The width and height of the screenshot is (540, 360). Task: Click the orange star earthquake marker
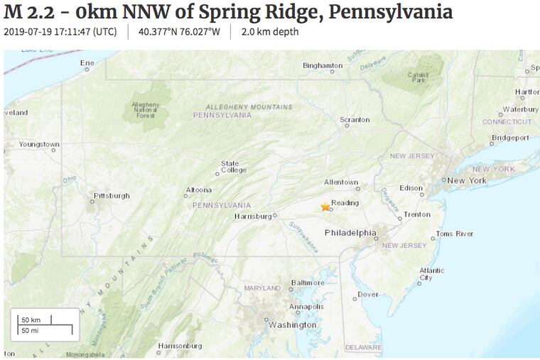pyautogui.click(x=325, y=207)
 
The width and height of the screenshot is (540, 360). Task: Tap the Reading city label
pyautogui.click(x=345, y=202)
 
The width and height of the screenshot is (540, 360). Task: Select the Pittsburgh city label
pyautogui.click(x=112, y=195)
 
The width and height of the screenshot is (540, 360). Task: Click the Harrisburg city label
pyautogui.click(x=253, y=216)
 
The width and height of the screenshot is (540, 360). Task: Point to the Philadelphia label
pyautogui.click(x=350, y=233)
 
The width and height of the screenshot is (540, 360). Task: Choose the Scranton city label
pyautogui.click(x=355, y=120)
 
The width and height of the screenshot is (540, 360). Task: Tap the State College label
pyautogui.click(x=234, y=167)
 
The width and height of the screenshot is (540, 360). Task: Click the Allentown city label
pyautogui.click(x=341, y=182)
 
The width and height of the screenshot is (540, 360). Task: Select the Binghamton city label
pyautogui.click(x=323, y=65)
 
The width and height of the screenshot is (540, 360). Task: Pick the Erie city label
pyautogui.click(x=87, y=63)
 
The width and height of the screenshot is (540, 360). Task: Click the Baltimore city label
pyautogui.click(x=308, y=283)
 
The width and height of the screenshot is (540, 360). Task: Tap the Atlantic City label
pyautogui.click(x=431, y=274)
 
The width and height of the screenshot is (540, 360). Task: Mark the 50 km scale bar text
pyautogui.click(x=31, y=320)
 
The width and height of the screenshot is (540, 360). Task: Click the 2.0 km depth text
pyautogui.click(x=269, y=32)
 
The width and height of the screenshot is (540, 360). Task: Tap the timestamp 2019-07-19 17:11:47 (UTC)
pyautogui.click(x=60, y=32)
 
